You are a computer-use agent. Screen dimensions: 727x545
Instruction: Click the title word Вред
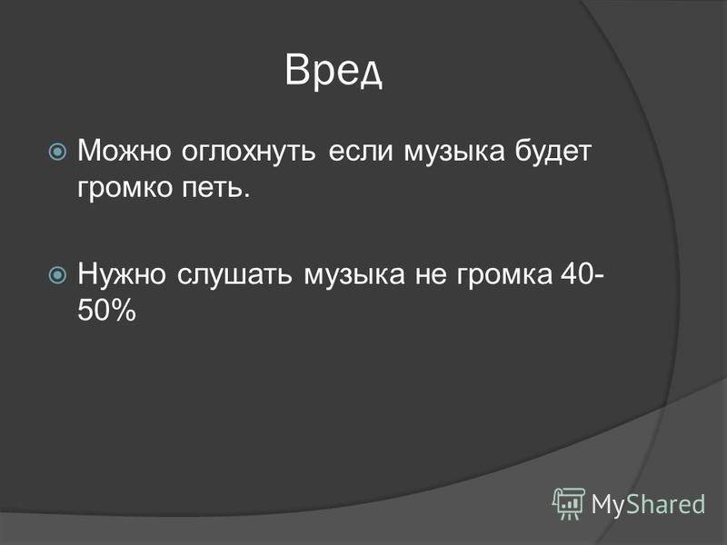pos(334,71)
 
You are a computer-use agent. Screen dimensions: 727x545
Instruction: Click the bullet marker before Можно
pos(57,152)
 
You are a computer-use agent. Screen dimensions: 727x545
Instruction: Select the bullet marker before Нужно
pos(57,275)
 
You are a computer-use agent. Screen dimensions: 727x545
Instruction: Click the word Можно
pos(124,151)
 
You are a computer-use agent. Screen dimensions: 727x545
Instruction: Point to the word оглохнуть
pos(249,152)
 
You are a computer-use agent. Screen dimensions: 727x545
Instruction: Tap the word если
pos(360,152)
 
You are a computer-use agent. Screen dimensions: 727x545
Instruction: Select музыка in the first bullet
pos(453,153)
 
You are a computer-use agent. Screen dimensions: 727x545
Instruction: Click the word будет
pos(553,152)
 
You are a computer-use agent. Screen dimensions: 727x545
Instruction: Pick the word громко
pos(124,189)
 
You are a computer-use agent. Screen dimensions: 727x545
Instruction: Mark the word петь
pos(215,188)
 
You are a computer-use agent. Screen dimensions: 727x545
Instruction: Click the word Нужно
pos(122,273)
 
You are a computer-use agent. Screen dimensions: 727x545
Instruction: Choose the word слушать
pos(235,274)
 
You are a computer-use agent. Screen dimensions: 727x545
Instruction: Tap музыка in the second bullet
pos(354,275)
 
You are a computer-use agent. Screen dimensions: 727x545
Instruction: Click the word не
pos(431,275)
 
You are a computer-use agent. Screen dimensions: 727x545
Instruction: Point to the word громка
pos(505,275)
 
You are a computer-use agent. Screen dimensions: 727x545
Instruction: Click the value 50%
pos(106,310)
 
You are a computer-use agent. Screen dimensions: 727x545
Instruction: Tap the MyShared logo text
pos(649,504)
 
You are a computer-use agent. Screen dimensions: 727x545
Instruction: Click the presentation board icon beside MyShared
pos(569,503)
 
